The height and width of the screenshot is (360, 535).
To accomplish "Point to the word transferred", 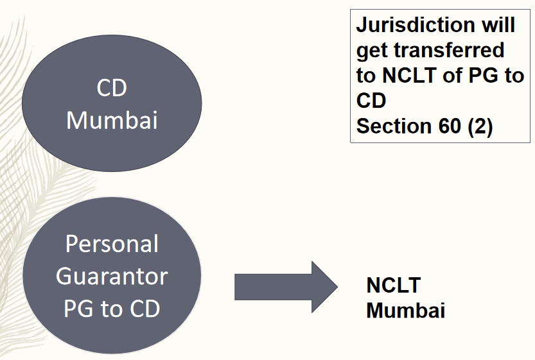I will (x=450, y=51).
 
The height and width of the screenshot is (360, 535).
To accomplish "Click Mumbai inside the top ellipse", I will (x=112, y=120).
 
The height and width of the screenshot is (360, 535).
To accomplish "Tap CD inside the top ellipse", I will (x=112, y=89).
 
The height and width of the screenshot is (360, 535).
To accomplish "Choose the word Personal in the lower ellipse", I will (x=112, y=244).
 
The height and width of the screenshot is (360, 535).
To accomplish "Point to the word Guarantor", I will (x=112, y=277).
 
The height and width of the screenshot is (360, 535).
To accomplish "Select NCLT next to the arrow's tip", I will (x=393, y=286).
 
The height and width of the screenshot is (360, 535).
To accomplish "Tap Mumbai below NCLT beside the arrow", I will (x=405, y=311).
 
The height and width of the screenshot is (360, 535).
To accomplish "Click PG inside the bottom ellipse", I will (x=78, y=309).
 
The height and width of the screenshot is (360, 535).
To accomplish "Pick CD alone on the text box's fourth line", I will (x=371, y=101).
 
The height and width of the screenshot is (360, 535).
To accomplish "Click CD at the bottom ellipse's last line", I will (x=143, y=309).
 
